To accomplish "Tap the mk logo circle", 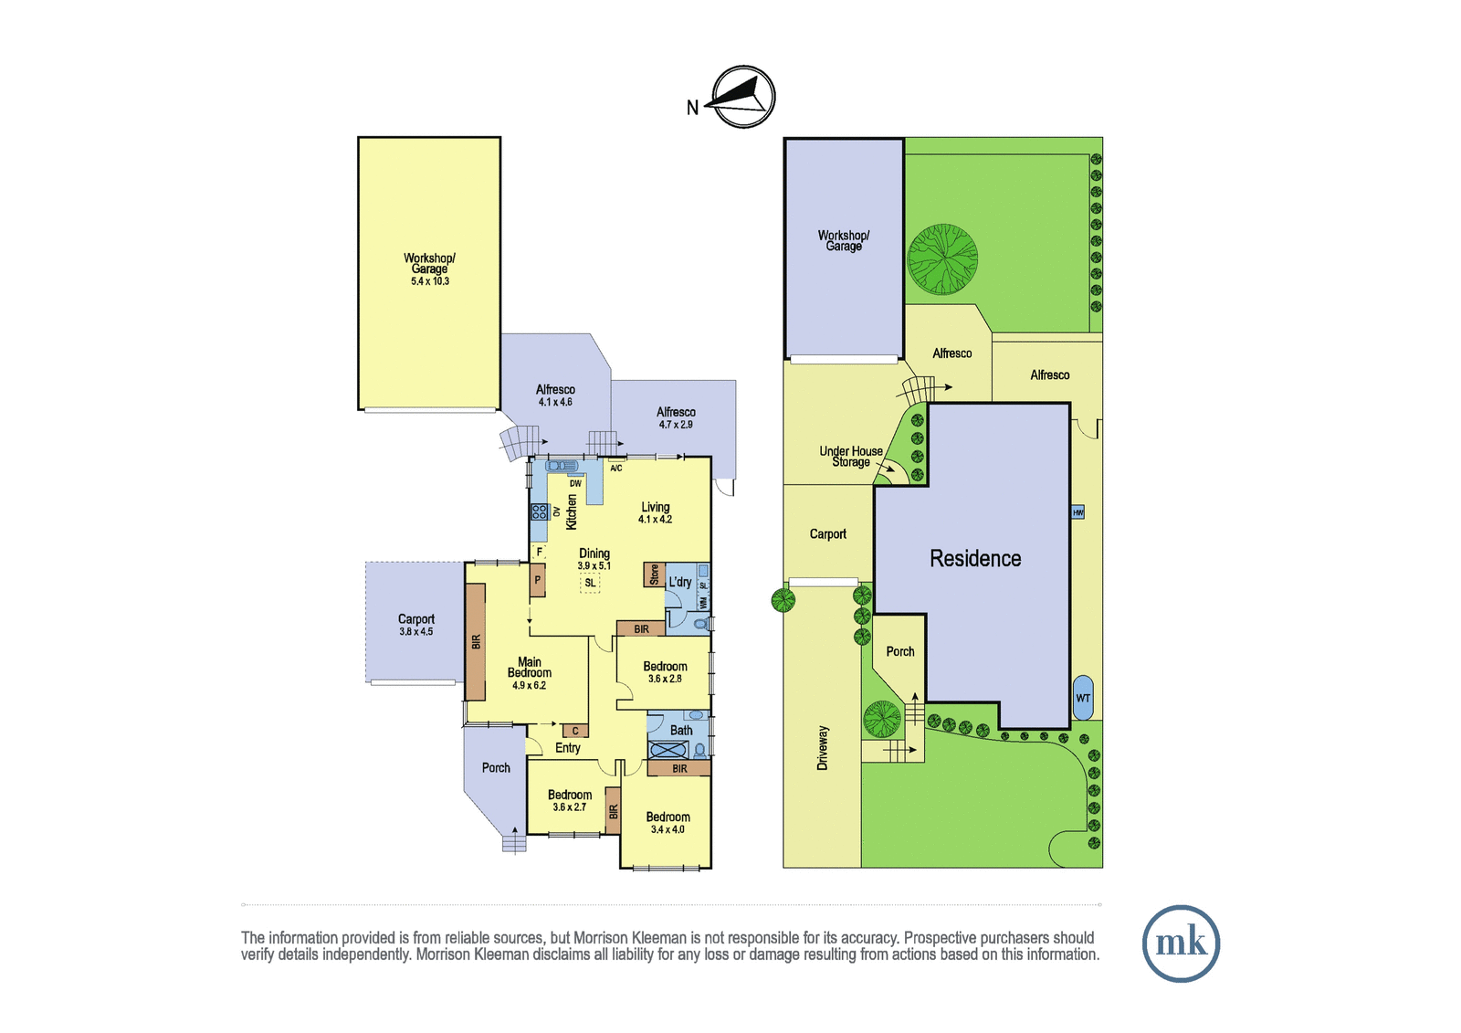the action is pyautogui.click(x=1181, y=943).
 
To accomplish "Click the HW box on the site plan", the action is pyautogui.click(x=1078, y=513).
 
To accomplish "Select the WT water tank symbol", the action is pyautogui.click(x=1083, y=698).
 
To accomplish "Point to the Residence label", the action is pyautogui.click(x=975, y=559).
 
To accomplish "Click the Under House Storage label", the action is pyautogui.click(x=851, y=456).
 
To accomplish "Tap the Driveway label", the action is pyautogui.click(x=823, y=748).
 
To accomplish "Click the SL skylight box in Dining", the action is pyautogui.click(x=590, y=584).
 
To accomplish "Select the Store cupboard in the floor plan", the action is pyautogui.click(x=654, y=574).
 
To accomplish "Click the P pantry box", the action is pyautogui.click(x=538, y=580).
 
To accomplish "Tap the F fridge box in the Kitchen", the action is pyautogui.click(x=539, y=552).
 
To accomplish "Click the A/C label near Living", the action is pyautogui.click(x=615, y=469).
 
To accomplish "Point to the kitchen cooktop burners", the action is pyautogui.click(x=539, y=512).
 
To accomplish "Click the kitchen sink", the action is pyautogui.click(x=562, y=465).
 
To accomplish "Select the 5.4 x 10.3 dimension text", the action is pyautogui.click(x=430, y=281).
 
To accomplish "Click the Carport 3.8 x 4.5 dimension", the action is pyautogui.click(x=416, y=632).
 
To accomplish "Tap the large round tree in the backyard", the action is pyautogui.click(x=942, y=259).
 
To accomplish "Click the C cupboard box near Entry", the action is pyautogui.click(x=575, y=732).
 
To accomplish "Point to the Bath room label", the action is pyautogui.click(x=681, y=730).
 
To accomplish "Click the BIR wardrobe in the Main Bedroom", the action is pyautogui.click(x=476, y=641).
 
